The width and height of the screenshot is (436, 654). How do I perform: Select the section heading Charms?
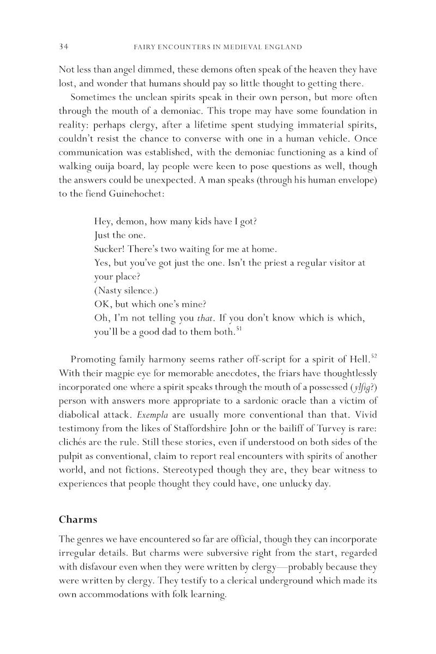[78, 519]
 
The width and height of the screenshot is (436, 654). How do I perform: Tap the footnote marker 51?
[238, 328]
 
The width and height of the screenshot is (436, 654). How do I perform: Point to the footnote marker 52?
[373, 356]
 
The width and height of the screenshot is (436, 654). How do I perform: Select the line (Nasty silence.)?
[121, 290]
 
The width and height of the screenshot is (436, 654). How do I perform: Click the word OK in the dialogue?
[102, 304]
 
